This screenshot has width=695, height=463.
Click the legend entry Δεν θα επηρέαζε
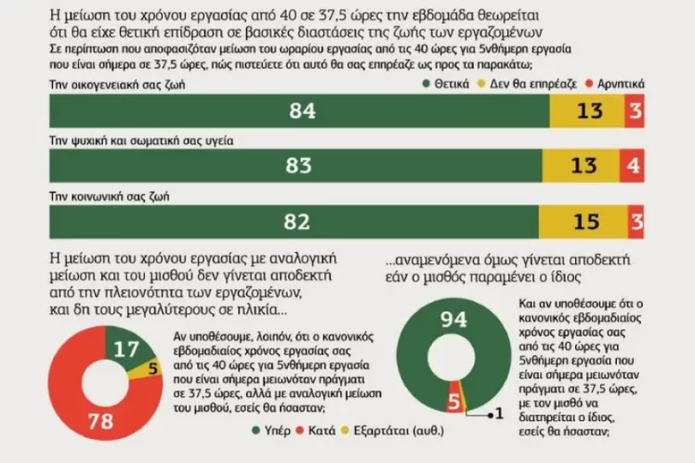528,83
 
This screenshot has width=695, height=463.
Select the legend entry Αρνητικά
616,83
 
